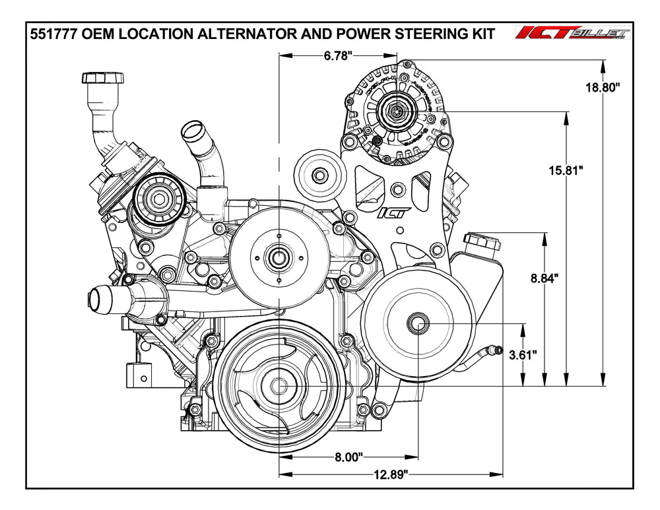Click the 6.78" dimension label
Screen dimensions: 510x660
click(339, 57)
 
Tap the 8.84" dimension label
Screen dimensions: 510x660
click(544, 278)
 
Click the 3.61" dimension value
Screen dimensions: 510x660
click(523, 354)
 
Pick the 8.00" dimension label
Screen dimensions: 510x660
click(348, 456)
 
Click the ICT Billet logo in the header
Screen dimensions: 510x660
click(573, 34)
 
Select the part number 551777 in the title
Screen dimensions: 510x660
click(55, 34)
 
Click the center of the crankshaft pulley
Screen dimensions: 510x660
click(277, 385)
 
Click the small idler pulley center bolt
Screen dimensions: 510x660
click(319, 176)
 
